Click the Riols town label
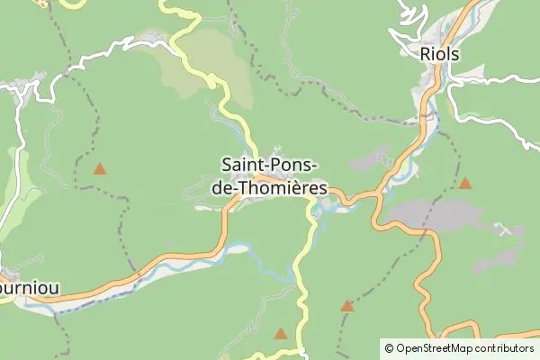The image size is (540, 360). [x=440, y=54]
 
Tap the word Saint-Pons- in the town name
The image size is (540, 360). [x=268, y=165]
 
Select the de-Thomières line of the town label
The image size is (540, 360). [x=268, y=188]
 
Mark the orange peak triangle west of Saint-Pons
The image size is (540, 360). [x=100, y=168]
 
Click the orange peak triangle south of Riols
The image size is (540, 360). [x=465, y=184]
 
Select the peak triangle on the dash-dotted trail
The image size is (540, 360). [x=347, y=306]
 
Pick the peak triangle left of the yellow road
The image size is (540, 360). [x=281, y=334]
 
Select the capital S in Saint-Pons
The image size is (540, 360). [x=225, y=165]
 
